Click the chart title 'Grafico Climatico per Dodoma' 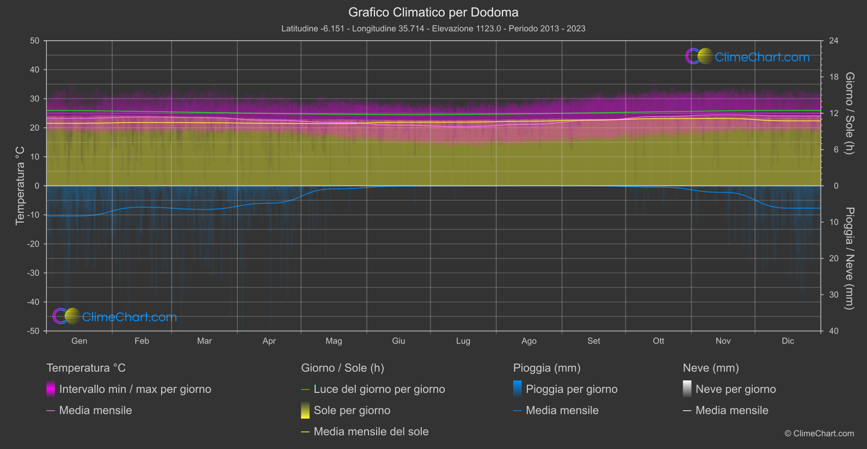click(433, 12)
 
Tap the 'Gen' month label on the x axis click(79, 341)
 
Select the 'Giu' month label click(398, 341)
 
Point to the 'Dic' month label click(788, 341)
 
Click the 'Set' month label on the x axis click(593, 341)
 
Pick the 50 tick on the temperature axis click(35, 41)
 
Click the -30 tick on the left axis click(34, 273)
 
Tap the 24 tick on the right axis click(833, 41)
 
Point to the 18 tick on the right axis click(833, 77)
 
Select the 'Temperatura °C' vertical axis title click(20, 185)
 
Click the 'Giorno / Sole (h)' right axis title click(849, 113)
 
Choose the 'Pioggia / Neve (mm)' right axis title click(849, 259)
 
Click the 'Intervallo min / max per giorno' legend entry click(135, 389)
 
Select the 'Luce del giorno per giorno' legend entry click(379, 389)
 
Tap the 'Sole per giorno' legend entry click(352, 410)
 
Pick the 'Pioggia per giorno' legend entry click(571, 389)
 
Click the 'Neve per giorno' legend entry click(735, 389)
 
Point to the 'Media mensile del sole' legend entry click(371, 432)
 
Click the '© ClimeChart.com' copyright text click(819, 433)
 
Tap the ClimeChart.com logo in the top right click(748, 57)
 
